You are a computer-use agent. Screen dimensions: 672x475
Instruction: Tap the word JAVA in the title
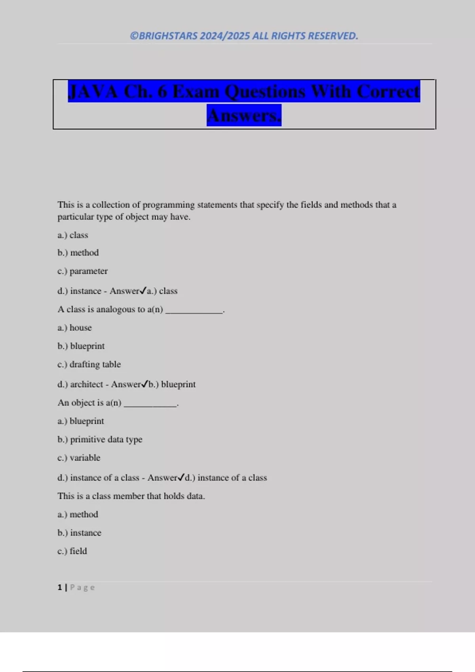(x=93, y=92)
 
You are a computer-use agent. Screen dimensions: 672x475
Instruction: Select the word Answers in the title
(x=244, y=115)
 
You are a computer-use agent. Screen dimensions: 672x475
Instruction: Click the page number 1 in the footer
(x=60, y=587)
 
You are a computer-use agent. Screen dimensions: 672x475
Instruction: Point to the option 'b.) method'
(x=78, y=253)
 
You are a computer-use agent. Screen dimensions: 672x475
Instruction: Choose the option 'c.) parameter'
(x=82, y=271)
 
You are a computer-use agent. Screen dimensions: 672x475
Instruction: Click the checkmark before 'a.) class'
(x=143, y=291)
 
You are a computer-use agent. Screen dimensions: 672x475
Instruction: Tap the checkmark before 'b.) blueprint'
(x=144, y=384)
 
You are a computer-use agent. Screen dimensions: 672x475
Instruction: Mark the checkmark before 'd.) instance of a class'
(x=181, y=477)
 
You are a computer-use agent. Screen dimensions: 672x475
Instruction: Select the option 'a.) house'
(x=74, y=328)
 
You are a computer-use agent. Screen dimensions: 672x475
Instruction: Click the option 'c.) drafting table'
(x=89, y=364)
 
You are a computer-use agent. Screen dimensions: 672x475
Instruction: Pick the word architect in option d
(x=87, y=384)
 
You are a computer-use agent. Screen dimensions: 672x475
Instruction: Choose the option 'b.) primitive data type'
(x=100, y=440)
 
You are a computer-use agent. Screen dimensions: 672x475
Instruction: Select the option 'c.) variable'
(x=79, y=458)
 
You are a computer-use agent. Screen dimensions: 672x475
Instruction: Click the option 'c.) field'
(x=72, y=551)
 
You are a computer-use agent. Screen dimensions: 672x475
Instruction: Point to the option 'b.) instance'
(x=79, y=533)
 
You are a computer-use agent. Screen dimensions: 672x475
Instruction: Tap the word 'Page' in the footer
(x=82, y=587)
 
